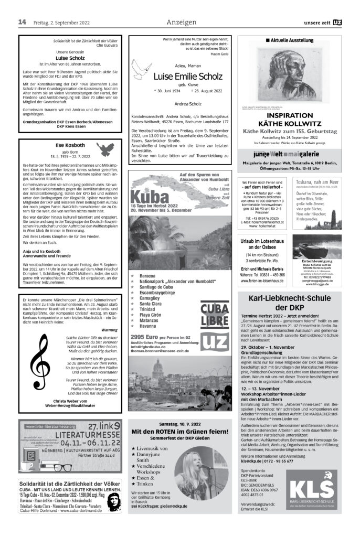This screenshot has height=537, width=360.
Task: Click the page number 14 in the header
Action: point(22,22)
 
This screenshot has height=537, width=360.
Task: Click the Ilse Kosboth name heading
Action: point(70,145)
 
